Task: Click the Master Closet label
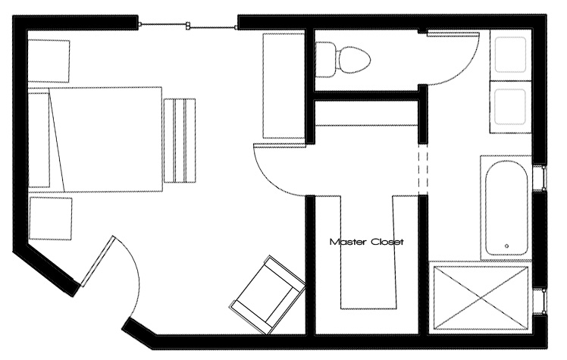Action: [366, 242]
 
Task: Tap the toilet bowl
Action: [353, 59]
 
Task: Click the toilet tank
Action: [325, 59]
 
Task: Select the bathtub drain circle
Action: [506, 246]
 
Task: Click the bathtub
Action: [506, 208]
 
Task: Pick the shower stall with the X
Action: [481, 298]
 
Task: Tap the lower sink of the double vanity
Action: [510, 107]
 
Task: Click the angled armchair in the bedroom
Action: [268, 295]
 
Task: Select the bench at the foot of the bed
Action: [180, 140]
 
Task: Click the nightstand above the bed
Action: [49, 61]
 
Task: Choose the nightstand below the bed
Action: [51, 218]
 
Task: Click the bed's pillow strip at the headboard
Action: [39, 140]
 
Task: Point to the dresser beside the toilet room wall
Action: [283, 86]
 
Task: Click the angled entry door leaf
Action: [98, 261]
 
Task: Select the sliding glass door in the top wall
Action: [188, 26]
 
